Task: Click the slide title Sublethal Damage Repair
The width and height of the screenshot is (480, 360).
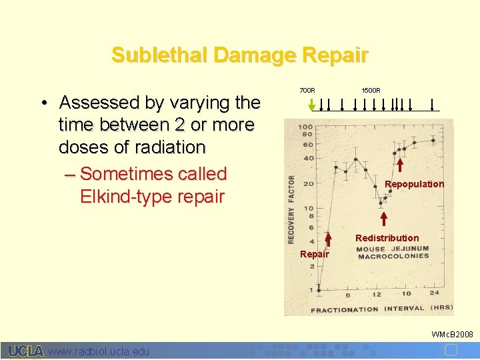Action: click(x=239, y=55)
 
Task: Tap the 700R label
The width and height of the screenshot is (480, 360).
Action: click(x=307, y=90)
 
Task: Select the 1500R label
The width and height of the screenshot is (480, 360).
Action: click(x=371, y=90)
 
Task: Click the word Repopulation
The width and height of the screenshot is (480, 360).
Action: click(x=414, y=184)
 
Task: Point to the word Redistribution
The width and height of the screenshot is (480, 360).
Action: click(x=387, y=238)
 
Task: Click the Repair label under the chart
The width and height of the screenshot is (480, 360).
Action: click(x=314, y=254)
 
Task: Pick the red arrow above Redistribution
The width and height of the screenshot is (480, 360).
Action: click(x=384, y=219)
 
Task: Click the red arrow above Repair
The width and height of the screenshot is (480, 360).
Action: click(x=329, y=241)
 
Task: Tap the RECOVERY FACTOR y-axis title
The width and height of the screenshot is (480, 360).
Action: click(x=291, y=209)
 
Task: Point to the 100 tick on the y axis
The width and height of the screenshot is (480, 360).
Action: click(x=305, y=127)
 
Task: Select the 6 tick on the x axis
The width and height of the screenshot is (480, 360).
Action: click(x=347, y=294)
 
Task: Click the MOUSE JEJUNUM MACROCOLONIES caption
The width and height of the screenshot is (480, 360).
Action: click(x=392, y=253)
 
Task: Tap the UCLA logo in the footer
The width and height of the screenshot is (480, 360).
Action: click(x=26, y=351)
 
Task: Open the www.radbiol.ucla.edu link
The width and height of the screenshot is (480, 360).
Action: click(x=99, y=351)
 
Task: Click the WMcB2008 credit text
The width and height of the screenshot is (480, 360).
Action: click(x=452, y=334)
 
